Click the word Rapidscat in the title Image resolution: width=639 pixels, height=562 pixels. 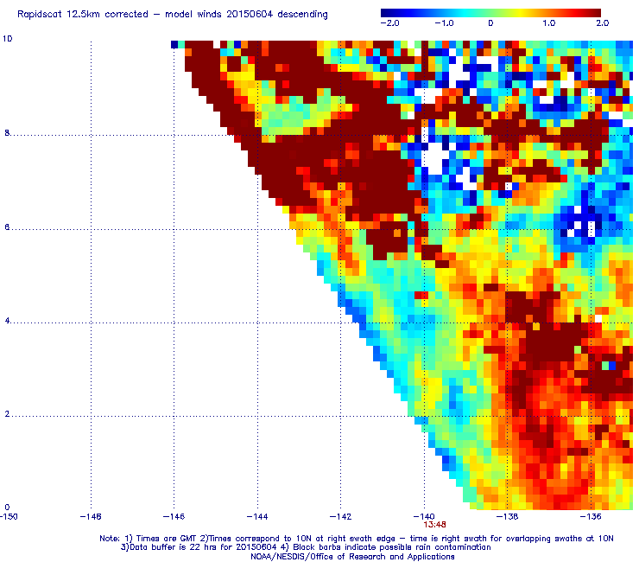click(39, 15)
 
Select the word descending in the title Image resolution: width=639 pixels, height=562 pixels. click(302, 15)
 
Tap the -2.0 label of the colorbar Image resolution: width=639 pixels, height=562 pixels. click(390, 23)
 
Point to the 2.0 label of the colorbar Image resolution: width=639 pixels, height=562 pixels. click(602, 23)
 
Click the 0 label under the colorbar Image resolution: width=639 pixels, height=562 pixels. click(490, 23)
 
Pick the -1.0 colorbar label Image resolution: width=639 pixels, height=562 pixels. click(444, 23)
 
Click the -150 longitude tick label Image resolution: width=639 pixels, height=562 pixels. click(9, 517)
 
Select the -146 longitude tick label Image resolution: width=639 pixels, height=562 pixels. click(174, 517)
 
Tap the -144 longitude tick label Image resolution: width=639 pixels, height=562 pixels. click(257, 517)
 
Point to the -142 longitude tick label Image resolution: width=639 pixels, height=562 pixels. click(341, 517)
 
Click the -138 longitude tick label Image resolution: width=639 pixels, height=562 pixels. click(508, 517)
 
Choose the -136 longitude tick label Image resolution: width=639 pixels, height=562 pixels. click(591, 517)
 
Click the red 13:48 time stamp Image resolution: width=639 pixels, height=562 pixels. click(434, 525)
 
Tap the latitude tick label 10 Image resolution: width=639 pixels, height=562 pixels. click(7, 39)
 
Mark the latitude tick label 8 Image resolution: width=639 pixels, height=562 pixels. click(7, 133)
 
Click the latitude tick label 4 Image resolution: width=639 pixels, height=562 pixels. click(7, 321)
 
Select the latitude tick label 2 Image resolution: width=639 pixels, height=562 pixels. click(7, 414)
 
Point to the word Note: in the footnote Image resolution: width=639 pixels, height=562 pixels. click(110, 539)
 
